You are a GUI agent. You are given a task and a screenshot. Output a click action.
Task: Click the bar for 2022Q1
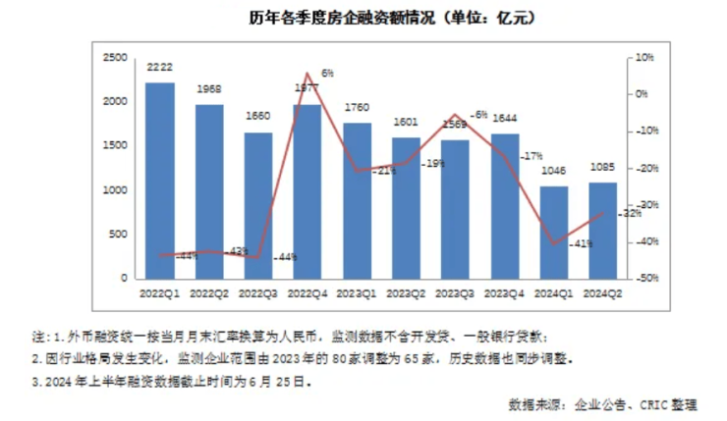point(160,182)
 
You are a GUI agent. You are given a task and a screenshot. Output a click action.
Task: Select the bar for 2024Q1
point(554,233)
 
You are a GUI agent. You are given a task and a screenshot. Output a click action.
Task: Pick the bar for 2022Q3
point(258,205)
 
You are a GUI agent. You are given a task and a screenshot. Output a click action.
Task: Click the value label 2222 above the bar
point(160,67)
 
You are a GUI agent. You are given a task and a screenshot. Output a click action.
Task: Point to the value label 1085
point(602,168)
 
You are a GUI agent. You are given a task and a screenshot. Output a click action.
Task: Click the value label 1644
point(504,119)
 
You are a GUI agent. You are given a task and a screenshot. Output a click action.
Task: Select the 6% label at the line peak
point(327,73)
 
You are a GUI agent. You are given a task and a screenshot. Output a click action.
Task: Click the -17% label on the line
point(533,156)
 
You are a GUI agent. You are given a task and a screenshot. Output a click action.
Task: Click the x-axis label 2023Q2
point(406,293)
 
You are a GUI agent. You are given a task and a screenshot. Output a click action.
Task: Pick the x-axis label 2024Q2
point(602,293)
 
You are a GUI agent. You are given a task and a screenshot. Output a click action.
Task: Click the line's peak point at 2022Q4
point(308,74)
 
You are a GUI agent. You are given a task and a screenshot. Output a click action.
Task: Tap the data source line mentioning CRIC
point(616,404)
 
